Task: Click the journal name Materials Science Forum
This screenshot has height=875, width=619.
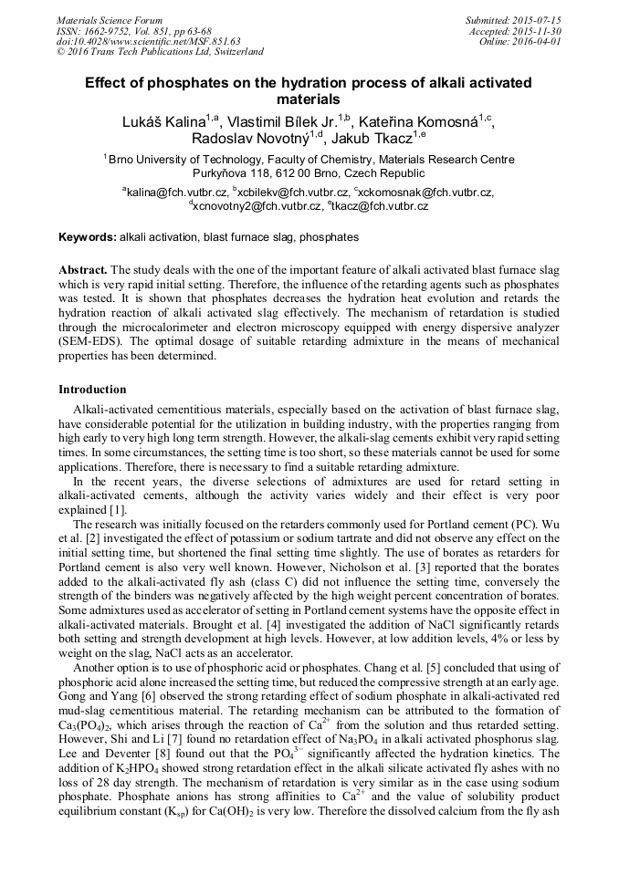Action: (x=110, y=20)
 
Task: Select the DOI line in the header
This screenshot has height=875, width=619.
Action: (x=148, y=41)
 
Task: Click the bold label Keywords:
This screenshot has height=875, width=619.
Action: (x=88, y=237)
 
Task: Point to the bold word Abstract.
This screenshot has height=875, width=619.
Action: (x=83, y=271)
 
